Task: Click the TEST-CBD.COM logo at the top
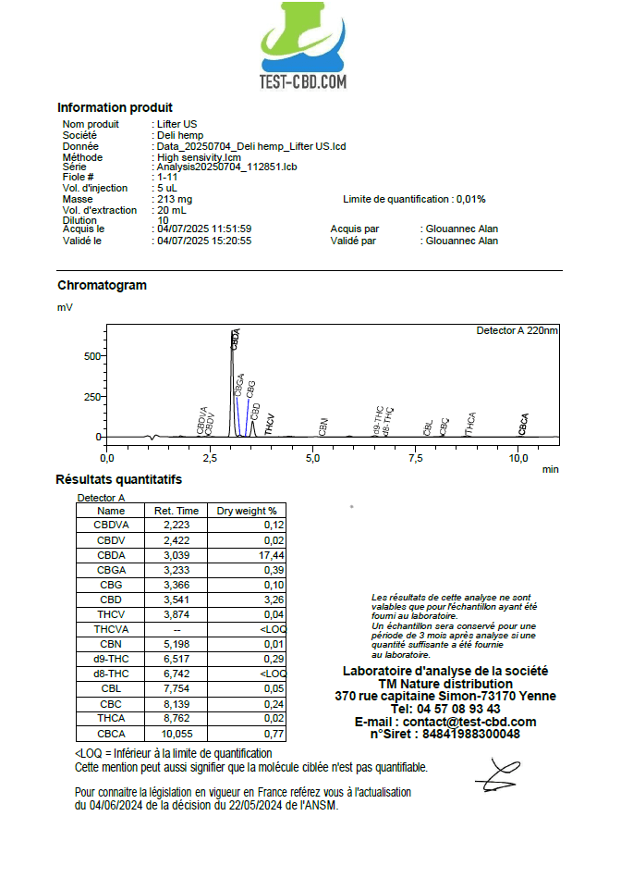304,46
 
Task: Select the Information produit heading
115,107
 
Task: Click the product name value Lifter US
177,124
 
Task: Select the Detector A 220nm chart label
517,330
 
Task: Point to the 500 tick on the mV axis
91,355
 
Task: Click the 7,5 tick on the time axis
417,457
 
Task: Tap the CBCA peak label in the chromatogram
524,424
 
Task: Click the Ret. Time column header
177,511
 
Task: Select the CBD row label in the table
111,600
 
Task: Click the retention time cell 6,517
177,659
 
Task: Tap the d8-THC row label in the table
111,674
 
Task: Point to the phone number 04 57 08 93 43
445,709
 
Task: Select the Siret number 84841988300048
471,735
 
